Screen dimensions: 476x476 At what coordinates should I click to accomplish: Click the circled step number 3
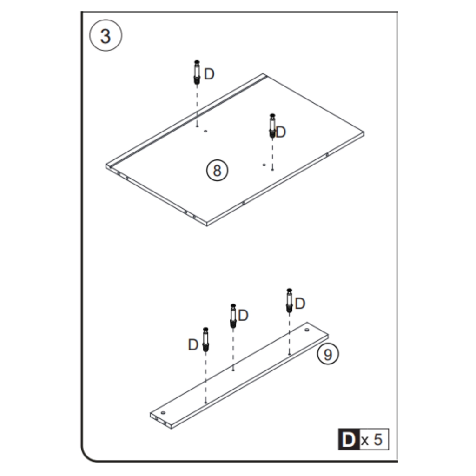click(x=106, y=36)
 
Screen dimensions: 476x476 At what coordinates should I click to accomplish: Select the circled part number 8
click(x=217, y=171)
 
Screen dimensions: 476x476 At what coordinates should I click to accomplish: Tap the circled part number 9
click(x=328, y=355)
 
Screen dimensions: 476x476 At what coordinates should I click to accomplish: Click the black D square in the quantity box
click(x=348, y=439)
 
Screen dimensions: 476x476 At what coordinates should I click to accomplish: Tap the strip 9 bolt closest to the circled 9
click(x=289, y=301)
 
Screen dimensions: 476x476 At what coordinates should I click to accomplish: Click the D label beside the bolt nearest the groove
click(x=209, y=74)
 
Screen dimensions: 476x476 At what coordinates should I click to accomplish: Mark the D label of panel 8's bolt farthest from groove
click(x=281, y=132)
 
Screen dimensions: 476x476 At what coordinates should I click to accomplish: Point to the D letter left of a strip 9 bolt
click(x=193, y=345)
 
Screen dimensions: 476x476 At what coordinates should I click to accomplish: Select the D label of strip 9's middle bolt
click(x=244, y=316)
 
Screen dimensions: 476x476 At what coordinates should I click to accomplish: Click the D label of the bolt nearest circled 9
click(x=300, y=304)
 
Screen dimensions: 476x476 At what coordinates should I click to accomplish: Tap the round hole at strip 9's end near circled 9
click(x=307, y=330)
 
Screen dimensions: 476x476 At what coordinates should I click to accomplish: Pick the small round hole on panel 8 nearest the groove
click(x=205, y=132)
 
